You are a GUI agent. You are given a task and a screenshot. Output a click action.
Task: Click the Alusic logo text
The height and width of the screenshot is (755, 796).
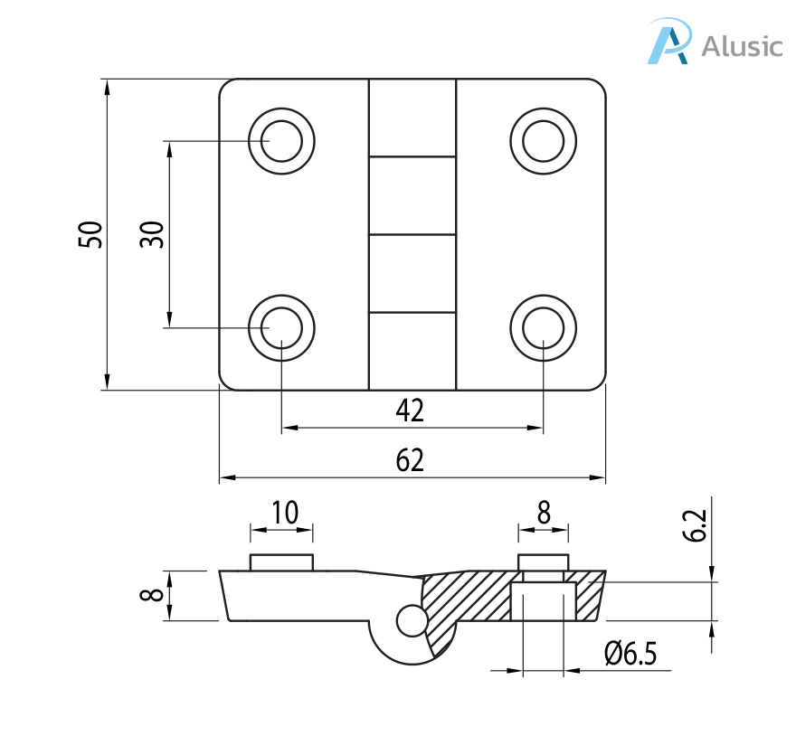tap(742, 45)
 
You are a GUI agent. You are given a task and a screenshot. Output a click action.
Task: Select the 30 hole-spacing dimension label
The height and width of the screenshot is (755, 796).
tap(152, 234)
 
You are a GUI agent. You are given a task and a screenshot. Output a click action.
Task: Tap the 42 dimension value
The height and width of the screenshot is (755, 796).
tap(410, 411)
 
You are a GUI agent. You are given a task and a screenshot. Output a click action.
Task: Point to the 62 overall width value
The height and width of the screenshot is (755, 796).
tap(410, 461)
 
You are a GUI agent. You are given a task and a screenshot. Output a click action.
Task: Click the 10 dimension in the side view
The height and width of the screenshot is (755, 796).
tap(284, 514)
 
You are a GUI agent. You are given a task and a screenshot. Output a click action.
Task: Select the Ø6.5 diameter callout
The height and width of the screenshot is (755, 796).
tap(630, 653)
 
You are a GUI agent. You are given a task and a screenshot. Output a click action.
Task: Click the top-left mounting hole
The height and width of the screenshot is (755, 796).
tap(281, 141)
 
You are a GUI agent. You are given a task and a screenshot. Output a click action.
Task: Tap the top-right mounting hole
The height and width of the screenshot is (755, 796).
tap(544, 141)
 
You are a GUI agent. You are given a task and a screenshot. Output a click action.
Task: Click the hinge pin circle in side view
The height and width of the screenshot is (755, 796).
tap(411, 619)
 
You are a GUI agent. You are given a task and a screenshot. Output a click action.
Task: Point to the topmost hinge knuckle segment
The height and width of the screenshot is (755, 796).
tap(412, 118)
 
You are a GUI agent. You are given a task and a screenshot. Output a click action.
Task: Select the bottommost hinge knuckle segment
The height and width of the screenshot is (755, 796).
tap(412, 351)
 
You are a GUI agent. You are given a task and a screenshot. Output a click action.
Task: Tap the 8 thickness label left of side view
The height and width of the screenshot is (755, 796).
tap(153, 595)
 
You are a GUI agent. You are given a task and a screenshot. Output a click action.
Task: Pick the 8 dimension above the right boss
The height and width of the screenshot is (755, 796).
tap(544, 514)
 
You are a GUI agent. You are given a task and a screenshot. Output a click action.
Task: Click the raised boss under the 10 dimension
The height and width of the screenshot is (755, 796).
tap(281, 562)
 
